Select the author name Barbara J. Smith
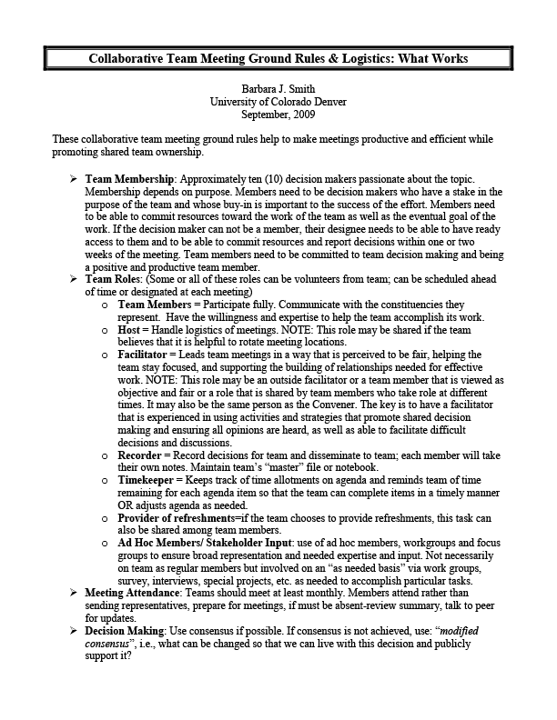click(278, 90)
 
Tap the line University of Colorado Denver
click(278, 102)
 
